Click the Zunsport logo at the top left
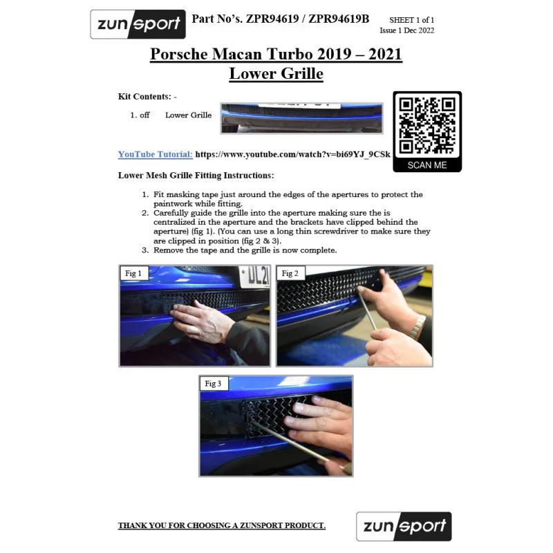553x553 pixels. (x=138, y=24)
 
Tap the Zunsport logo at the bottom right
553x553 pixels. (x=404, y=526)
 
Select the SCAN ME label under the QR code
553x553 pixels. (x=427, y=165)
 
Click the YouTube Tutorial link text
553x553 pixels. (x=155, y=154)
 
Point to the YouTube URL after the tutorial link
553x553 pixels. (x=292, y=154)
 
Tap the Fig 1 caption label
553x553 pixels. (x=133, y=273)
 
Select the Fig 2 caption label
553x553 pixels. (x=290, y=273)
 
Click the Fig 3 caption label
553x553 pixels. (x=213, y=384)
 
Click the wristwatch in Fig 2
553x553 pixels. (x=418, y=327)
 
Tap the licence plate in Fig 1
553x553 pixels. (x=254, y=276)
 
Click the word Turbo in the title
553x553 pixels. (x=289, y=55)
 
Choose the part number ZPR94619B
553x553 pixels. (x=339, y=19)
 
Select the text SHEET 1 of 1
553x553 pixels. (x=411, y=20)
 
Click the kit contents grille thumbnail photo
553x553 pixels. (x=301, y=118)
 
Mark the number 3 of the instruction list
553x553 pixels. (x=145, y=250)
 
